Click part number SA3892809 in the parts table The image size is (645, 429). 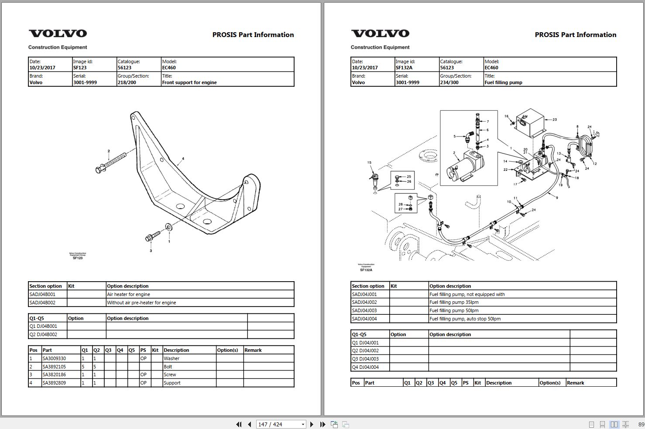(x=54, y=383)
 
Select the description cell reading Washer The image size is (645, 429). (x=172, y=358)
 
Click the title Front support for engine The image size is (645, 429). (x=189, y=82)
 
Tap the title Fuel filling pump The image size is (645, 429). (x=503, y=82)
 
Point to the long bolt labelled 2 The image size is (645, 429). (x=111, y=162)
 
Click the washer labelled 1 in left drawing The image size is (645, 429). (x=168, y=227)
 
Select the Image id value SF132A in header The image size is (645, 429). (x=404, y=68)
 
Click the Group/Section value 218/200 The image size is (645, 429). (x=127, y=82)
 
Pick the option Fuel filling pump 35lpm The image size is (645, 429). (x=454, y=302)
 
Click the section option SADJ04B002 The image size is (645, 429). (x=42, y=302)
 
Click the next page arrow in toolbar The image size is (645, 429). (x=312, y=424)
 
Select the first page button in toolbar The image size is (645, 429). (x=238, y=424)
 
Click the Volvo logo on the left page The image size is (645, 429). (x=58, y=34)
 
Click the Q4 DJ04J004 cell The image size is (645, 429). (x=365, y=367)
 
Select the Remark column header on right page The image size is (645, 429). (x=575, y=383)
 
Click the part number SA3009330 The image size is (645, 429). (x=54, y=358)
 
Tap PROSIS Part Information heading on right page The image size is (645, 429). (x=575, y=35)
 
